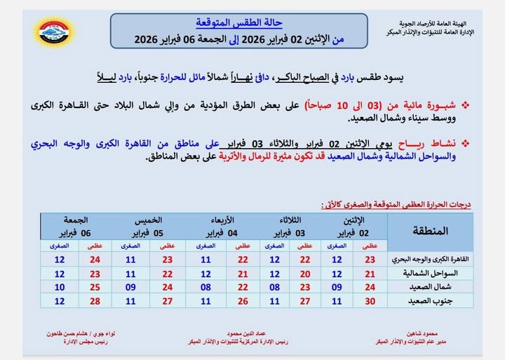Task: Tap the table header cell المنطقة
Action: tap(436, 230)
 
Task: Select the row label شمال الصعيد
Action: tap(436, 286)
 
